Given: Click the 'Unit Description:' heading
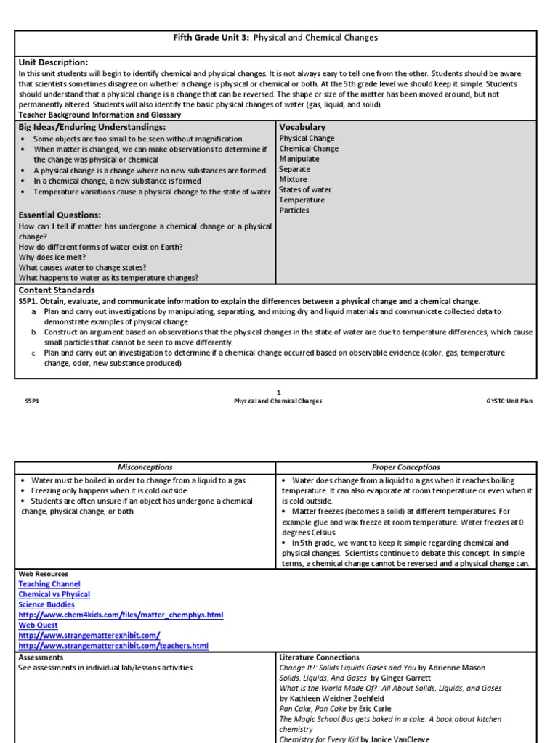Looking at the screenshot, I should [x=53, y=62].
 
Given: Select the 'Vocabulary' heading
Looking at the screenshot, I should [x=302, y=127].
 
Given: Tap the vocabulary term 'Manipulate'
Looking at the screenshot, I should [x=299, y=158].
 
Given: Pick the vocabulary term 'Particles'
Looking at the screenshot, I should [x=294, y=210].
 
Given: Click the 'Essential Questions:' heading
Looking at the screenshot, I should [x=60, y=215].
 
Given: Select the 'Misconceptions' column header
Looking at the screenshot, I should [x=145, y=467].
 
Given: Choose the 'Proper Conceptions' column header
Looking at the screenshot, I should [x=406, y=467].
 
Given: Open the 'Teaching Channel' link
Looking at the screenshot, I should [x=49, y=584].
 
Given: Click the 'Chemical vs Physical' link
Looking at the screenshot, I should [x=54, y=594].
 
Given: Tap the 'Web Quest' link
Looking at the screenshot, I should [x=38, y=625].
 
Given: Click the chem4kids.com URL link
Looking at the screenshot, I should [x=121, y=615].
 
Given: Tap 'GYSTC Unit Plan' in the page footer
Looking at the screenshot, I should [x=509, y=401].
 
